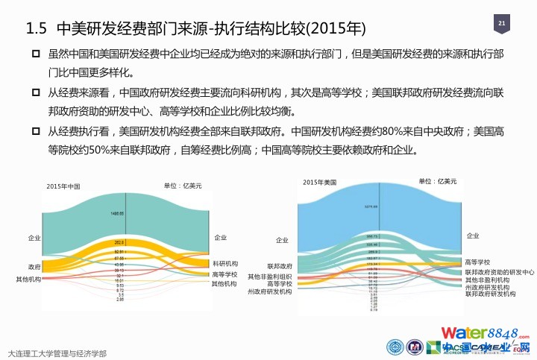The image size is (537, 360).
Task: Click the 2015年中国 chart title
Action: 63,186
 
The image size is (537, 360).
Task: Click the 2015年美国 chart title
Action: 320,183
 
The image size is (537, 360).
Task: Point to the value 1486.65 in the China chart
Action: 117,213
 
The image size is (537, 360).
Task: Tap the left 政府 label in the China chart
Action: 34,266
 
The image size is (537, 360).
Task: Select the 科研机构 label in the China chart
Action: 225,264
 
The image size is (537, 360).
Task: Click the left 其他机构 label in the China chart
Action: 28,279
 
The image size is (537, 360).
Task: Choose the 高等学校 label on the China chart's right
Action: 224,274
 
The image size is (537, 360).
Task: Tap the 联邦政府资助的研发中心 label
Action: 499,273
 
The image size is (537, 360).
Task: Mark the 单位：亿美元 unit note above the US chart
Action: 436,181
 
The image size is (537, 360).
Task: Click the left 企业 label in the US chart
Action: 282,241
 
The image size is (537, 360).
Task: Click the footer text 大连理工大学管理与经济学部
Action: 56,353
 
